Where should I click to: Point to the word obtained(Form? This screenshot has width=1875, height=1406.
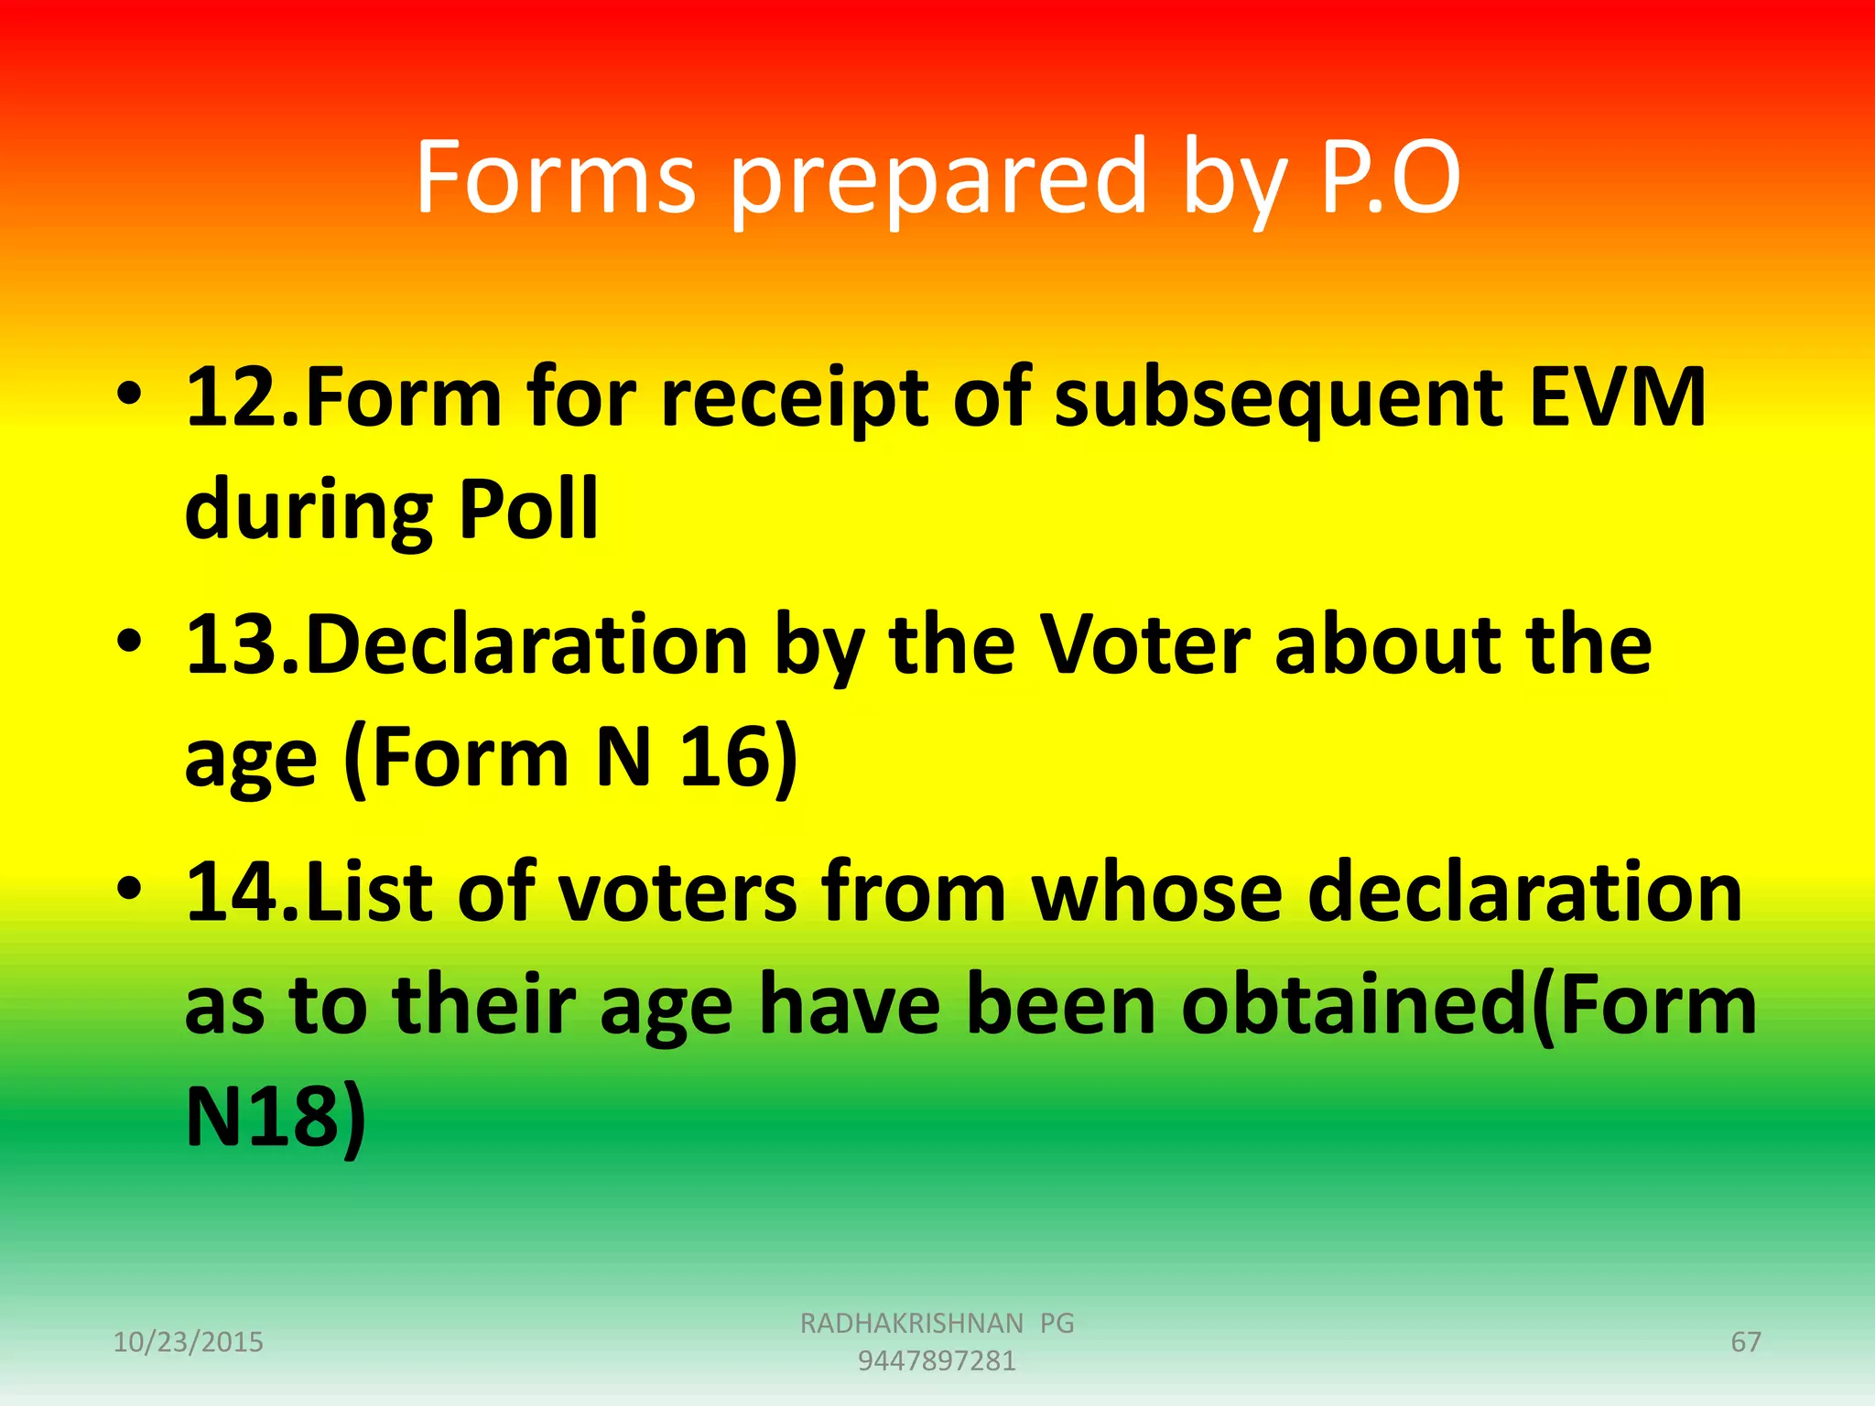(1469, 1005)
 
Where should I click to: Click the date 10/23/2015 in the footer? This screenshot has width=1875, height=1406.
(188, 1342)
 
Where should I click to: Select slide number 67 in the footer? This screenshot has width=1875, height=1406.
(1745, 1342)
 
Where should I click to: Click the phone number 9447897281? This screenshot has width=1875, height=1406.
(937, 1361)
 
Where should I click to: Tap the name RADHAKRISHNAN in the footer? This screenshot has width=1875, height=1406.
(912, 1323)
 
